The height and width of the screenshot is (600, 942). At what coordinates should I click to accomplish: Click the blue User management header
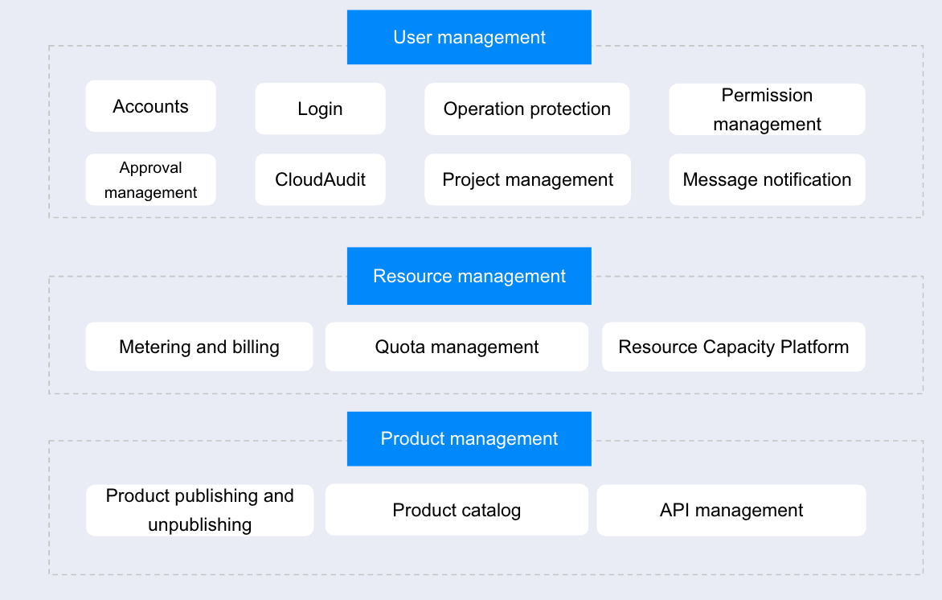pos(469,37)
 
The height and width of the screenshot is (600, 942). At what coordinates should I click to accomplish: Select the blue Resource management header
pos(469,276)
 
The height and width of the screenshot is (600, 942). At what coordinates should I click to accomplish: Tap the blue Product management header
pos(469,439)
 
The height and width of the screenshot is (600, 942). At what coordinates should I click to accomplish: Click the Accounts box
pos(151,106)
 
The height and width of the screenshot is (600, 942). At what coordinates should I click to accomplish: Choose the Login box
pos(320,109)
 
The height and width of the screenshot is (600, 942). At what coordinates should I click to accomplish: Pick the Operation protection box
pos(527,109)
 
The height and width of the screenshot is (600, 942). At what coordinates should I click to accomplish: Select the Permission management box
pos(767,109)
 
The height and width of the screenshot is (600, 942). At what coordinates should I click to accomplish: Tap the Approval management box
pos(151,180)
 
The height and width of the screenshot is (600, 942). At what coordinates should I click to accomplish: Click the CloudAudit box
pos(320,180)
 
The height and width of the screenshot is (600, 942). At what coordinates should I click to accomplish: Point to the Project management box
pos(527,180)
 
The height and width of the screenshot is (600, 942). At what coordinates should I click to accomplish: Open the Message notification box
pos(767,180)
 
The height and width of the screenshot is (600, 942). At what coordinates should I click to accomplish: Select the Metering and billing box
pos(199,347)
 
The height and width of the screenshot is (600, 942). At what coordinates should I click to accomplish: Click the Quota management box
pos(457,347)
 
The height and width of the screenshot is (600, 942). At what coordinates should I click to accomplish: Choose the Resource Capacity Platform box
pos(734,347)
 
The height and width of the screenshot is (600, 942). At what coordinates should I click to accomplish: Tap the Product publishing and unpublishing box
pos(200,511)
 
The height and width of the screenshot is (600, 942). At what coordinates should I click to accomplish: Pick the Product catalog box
pos(457,510)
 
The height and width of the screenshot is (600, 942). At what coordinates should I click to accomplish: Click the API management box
pos(731,511)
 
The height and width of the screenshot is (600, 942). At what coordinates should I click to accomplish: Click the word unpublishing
pos(200,525)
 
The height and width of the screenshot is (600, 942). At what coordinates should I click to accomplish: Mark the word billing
pos(256,347)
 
